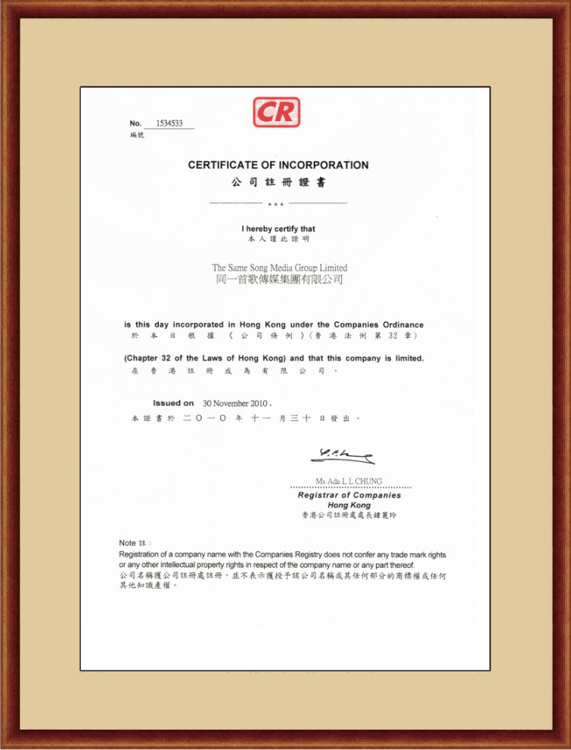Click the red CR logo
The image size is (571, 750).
pyautogui.click(x=276, y=112)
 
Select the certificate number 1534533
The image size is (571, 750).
pyautogui.click(x=169, y=123)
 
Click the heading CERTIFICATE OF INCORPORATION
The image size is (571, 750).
pyautogui.click(x=278, y=165)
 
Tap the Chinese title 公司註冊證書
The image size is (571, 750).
pyautogui.click(x=278, y=184)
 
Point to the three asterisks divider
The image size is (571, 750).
pyautogui.click(x=276, y=204)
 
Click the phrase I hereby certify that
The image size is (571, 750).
pyautogui.click(x=278, y=228)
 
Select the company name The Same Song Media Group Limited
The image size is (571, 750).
pyautogui.click(x=279, y=268)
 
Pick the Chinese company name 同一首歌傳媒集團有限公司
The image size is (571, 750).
pyautogui.click(x=279, y=280)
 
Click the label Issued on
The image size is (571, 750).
pyautogui.click(x=173, y=403)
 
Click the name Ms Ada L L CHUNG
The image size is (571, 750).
pyautogui.click(x=349, y=481)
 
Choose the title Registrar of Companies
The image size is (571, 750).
pyautogui.click(x=349, y=495)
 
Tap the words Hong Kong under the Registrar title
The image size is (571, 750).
pyautogui.click(x=349, y=505)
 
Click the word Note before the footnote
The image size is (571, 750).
pyautogui.click(x=127, y=543)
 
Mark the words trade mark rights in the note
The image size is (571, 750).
pyautogui.click(x=414, y=555)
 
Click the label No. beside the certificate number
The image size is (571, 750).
pyautogui.click(x=135, y=123)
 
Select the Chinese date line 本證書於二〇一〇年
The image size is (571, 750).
pyautogui.click(x=197, y=417)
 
